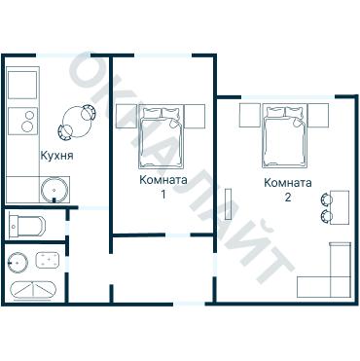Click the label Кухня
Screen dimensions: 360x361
pos(56,156)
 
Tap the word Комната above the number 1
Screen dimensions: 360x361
pos(163,180)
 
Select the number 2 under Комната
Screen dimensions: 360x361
pos(288,197)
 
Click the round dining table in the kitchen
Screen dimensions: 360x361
pos(76,123)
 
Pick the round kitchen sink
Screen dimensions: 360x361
pos(54,190)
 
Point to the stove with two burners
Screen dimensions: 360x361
pos(22,121)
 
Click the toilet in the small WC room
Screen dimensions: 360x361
pos(27,224)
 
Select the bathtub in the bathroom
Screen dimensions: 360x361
pos(33,289)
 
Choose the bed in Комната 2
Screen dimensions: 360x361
pos(284,136)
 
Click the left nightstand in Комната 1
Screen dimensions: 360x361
pos(126,117)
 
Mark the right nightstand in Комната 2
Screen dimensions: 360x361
pos(318,115)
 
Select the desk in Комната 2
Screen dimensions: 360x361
pos(340,207)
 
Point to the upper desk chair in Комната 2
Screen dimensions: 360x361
pos(326,199)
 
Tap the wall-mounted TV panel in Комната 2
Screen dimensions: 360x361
pos(230,204)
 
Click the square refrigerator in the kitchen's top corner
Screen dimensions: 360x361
pos(22,85)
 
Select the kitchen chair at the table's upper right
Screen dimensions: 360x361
pos(89,113)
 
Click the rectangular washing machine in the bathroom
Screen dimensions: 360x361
pos(48,261)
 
